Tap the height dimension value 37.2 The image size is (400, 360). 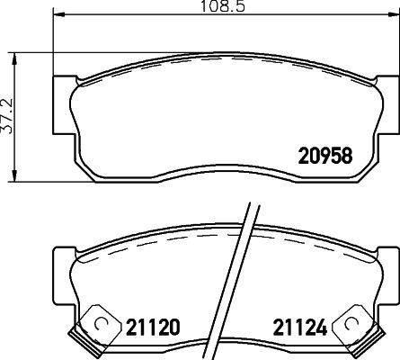(7, 116)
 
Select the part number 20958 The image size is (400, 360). (324, 155)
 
